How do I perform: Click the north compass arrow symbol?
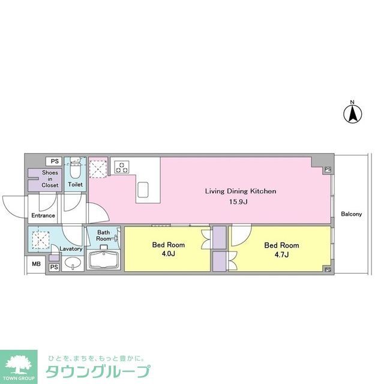(x=353, y=112)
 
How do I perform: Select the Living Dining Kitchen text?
(x=241, y=191)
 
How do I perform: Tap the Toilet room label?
(x=76, y=185)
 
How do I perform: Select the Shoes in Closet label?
(x=50, y=179)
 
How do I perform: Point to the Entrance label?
(x=43, y=215)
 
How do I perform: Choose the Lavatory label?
(x=71, y=248)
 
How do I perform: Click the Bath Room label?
(x=104, y=235)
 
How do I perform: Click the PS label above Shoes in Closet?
(x=55, y=161)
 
